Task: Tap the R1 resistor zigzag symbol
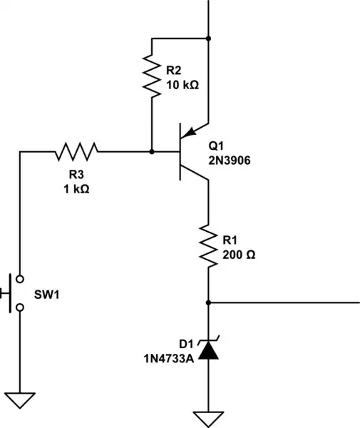tap(208, 245)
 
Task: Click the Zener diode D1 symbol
tap(208, 349)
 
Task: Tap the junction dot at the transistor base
tap(152, 151)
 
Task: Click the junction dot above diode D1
tap(208, 302)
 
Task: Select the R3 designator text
tap(76, 175)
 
